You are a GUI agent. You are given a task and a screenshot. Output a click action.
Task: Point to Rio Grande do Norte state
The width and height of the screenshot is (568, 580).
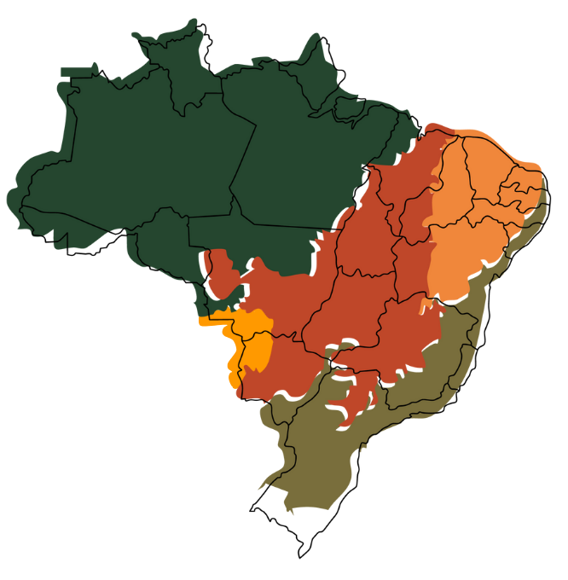tap(525, 175)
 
